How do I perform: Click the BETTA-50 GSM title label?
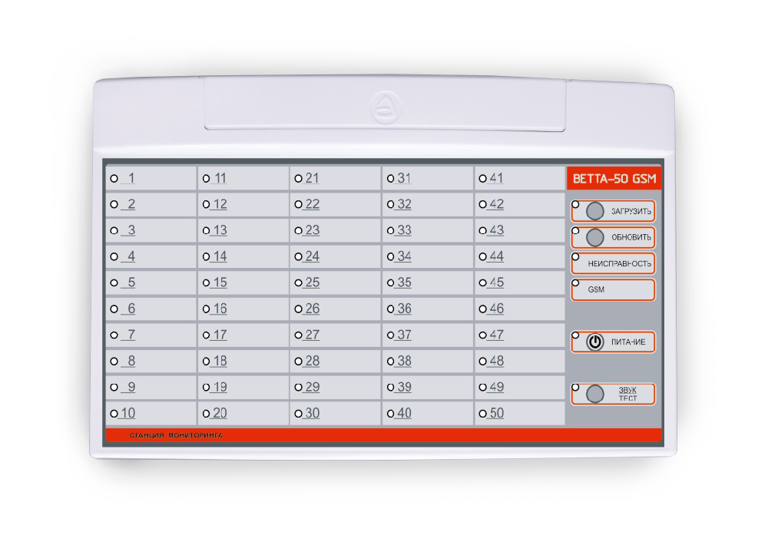click(x=614, y=179)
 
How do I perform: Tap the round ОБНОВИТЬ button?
click(x=594, y=237)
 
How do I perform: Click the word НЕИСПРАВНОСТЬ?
click(x=620, y=264)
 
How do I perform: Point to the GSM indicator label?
click(x=596, y=290)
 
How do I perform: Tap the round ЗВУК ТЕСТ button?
click(x=594, y=394)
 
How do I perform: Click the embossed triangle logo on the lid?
click(x=386, y=107)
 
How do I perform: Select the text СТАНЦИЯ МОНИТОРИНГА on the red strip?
click(x=176, y=435)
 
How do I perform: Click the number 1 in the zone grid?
click(x=131, y=178)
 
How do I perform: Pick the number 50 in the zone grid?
click(x=497, y=413)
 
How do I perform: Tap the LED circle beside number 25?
click(x=298, y=283)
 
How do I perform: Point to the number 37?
click(x=404, y=335)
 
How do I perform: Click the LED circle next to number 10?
click(x=114, y=414)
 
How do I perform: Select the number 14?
click(x=220, y=256)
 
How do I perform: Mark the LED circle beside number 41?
click(x=482, y=179)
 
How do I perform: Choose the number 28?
click(x=313, y=361)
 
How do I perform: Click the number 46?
click(x=497, y=309)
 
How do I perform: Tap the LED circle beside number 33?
click(x=390, y=230)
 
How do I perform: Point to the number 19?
click(x=220, y=387)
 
